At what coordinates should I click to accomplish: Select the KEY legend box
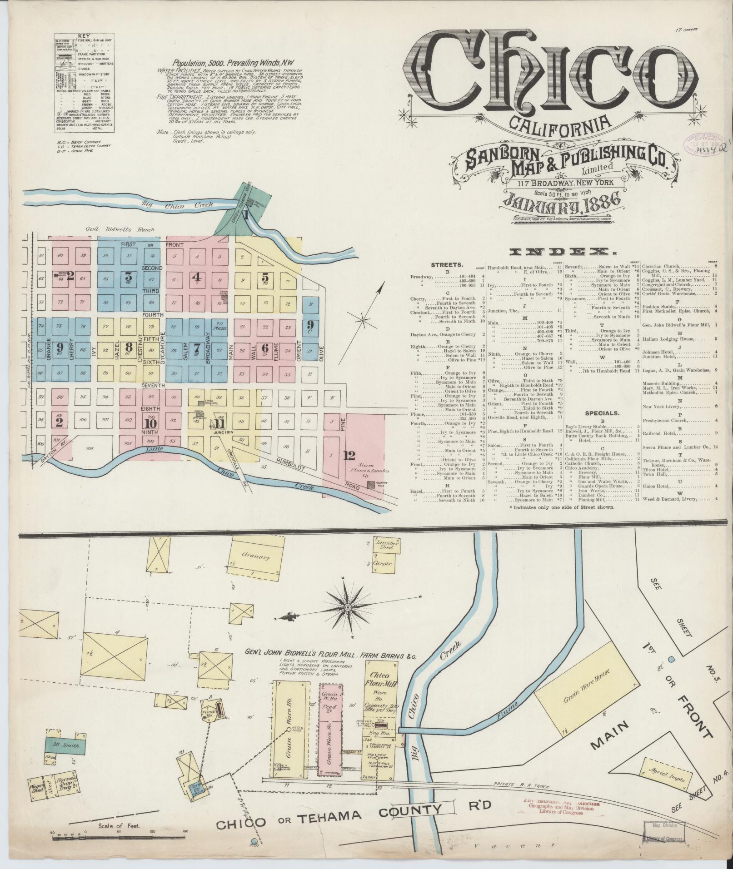point(84,83)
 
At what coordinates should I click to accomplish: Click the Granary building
point(255,556)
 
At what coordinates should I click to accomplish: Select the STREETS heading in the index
point(447,264)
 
